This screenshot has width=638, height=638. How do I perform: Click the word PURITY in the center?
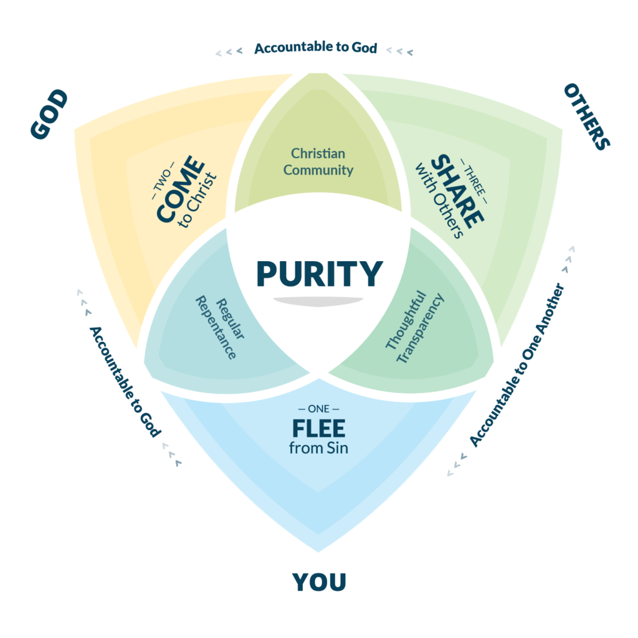point(319,274)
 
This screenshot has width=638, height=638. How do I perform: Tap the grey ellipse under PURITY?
point(319,302)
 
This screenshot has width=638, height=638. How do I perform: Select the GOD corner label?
point(49,115)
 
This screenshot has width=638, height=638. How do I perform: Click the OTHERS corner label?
point(586,117)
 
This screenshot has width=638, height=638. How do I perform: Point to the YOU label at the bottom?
point(319,582)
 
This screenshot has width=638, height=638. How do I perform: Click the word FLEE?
point(319,429)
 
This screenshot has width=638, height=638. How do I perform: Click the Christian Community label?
point(318,161)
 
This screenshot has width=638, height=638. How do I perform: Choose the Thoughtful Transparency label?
point(414,328)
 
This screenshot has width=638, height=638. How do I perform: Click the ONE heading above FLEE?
point(319,409)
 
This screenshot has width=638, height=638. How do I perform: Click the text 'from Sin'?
point(319,447)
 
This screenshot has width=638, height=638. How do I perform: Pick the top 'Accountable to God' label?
point(316,47)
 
